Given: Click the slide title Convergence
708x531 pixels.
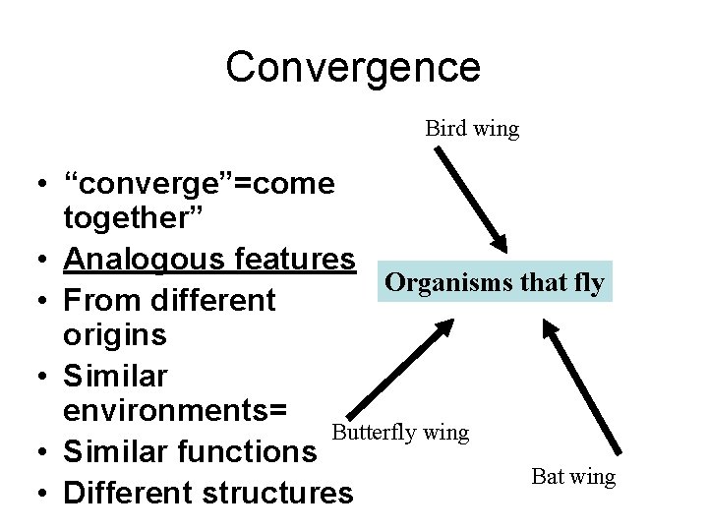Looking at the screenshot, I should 353,67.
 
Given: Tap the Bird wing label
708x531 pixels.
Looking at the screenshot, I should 472,128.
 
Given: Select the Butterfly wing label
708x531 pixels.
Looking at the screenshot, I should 400,432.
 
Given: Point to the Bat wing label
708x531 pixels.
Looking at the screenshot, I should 573,477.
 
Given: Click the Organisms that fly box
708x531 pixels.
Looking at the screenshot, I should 495,282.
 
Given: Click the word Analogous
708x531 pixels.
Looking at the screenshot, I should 135,259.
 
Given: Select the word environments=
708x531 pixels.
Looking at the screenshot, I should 175,411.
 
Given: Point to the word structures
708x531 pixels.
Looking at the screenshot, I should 284,491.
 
